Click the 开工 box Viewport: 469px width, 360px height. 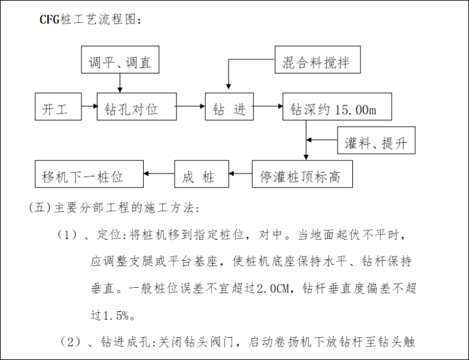click(x=59, y=109)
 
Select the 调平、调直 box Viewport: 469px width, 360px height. click(x=120, y=62)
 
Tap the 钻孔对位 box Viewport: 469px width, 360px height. click(x=136, y=109)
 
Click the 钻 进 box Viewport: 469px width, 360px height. click(x=229, y=109)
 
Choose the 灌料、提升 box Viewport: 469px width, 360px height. click(x=376, y=143)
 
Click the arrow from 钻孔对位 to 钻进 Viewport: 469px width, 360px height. click(x=191, y=107)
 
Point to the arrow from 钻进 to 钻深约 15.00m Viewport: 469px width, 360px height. click(x=267, y=107)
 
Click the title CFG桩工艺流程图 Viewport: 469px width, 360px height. click(x=91, y=20)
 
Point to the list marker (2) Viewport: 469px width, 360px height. click(x=70, y=341)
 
